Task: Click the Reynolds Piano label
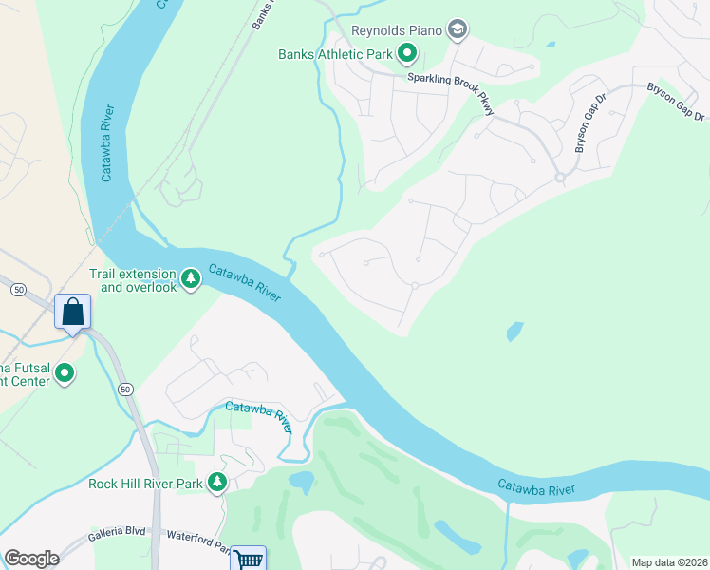pos(397,30)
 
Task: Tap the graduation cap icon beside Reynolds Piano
pos(458,30)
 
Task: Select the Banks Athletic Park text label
pos(335,54)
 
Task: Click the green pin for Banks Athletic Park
pos(407,53)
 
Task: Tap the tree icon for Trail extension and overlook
pos(192,278)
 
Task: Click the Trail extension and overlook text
pos(133,280)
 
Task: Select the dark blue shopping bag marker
pos(73,312)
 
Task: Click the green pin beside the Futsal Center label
pos(65,374)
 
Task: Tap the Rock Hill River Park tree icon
pos(217,483)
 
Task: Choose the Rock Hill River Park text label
pos(145,484)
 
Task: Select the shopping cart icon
pos(248,560)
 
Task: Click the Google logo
pos(32,559)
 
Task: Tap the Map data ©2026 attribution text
pos(669,562)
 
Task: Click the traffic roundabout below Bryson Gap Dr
pos(560,178)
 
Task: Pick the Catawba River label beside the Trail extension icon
pos(244,282)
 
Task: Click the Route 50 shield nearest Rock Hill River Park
pos(125,389)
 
